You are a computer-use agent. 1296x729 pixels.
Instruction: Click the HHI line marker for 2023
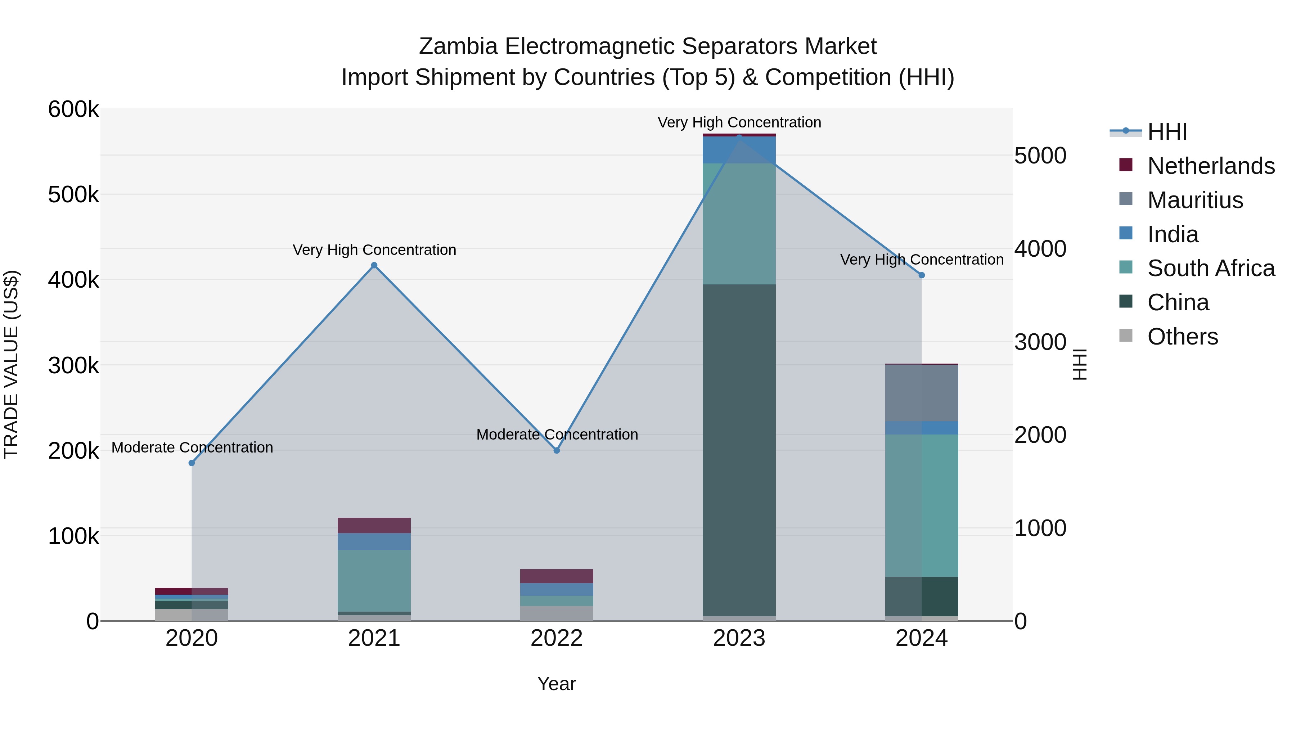[739, 137]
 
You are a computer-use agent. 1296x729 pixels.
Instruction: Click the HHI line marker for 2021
[374, 265]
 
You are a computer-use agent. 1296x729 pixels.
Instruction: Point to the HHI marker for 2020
[192, 463]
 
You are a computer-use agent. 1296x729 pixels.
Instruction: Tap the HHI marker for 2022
[557, 450]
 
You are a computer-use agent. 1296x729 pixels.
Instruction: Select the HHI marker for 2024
[922, 275]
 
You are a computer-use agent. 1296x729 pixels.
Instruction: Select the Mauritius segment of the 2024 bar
[922, 392]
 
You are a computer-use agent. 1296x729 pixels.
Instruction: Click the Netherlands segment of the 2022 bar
[557, 576]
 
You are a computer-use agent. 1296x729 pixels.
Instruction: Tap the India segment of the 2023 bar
[739, 150]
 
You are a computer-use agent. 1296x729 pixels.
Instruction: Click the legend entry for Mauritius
[1195, 200]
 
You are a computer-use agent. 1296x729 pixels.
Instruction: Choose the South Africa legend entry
[1210, 268]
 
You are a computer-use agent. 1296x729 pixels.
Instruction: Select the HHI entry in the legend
[1167, 132]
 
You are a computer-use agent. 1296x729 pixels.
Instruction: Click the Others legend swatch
[1126, 336]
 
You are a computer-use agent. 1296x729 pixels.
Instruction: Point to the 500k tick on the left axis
[73, 195]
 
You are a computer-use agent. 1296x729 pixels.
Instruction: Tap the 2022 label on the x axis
[557, 638]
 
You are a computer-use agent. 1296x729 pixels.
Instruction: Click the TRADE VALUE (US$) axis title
[12, 364]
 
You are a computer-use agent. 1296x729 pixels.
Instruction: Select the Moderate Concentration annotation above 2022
[557, 434]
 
